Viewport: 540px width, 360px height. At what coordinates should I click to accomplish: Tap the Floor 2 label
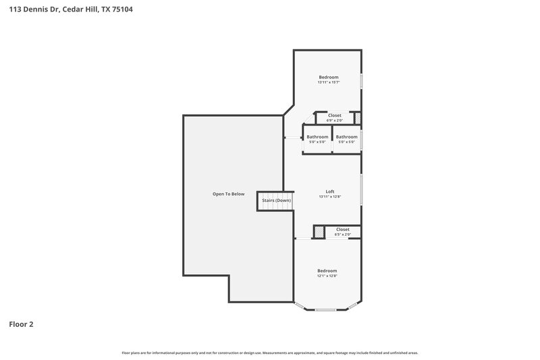pyautogui.click(x=21, y=324)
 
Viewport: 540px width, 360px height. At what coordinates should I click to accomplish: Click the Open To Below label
pyautogui.click(x=229, y=194)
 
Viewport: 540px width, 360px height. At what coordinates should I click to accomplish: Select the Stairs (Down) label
pyautogui.click(x=277, y=201)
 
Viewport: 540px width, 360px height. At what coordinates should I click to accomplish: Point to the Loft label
pyautogui.click(x=330, y=191)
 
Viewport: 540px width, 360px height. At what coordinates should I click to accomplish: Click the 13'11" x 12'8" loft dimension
pyautogui.click(x=330, y=197)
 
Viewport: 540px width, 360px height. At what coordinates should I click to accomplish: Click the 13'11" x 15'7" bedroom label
pyautogui.click(x=329, y=82)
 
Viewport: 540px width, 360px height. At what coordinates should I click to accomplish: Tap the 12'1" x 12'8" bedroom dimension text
pyautogui.click(x=327, y=276)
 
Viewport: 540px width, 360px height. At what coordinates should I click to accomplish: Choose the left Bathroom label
pyautogui.click(x=317, y=137)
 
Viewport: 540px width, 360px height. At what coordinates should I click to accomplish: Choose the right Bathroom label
pyautogui.click(x=346, y=137)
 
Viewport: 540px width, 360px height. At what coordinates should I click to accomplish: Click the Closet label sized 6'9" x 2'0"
pyautogui.click(x=334, y=115)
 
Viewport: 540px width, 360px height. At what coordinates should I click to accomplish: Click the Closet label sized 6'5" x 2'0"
pyautogui.click(x=342, y=230)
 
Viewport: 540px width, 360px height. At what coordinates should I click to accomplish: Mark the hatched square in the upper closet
pyautogui.click(x=358, y=119)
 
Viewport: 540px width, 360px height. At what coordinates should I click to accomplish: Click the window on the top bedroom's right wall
pyautogui.click(x=362, y=81)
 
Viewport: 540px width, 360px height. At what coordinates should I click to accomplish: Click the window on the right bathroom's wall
pyautogui.click(x=362, y=140)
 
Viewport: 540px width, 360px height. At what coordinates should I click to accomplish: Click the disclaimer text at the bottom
pyautogui.click(x=270, y=353)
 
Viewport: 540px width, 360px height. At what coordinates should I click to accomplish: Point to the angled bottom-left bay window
pyautogui.click(x=299, y=305)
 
